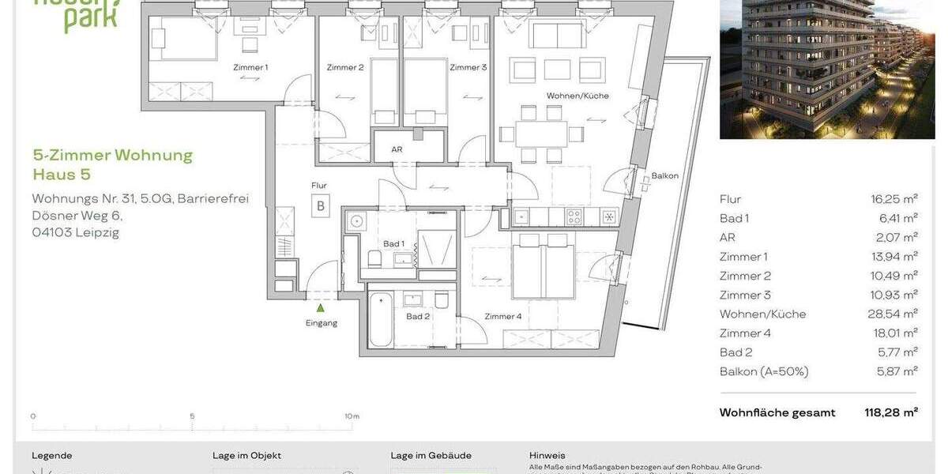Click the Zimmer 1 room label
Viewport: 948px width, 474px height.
250,67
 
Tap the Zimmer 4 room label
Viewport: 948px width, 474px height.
502,317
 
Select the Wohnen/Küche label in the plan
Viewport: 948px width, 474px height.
577,96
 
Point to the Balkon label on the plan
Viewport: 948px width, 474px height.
664,176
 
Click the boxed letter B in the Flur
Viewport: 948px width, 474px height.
321,207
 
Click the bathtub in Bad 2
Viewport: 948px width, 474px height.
381,320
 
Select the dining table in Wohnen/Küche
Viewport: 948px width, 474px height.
542,132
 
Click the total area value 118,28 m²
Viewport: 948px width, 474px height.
890,412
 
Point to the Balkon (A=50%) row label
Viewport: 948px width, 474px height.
763,371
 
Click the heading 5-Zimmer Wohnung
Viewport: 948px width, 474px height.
112,155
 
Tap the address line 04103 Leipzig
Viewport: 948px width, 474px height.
75,232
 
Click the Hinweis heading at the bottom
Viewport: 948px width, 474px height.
547,456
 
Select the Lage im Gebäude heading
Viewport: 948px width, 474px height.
431,456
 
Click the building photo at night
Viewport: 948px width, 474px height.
827,70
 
